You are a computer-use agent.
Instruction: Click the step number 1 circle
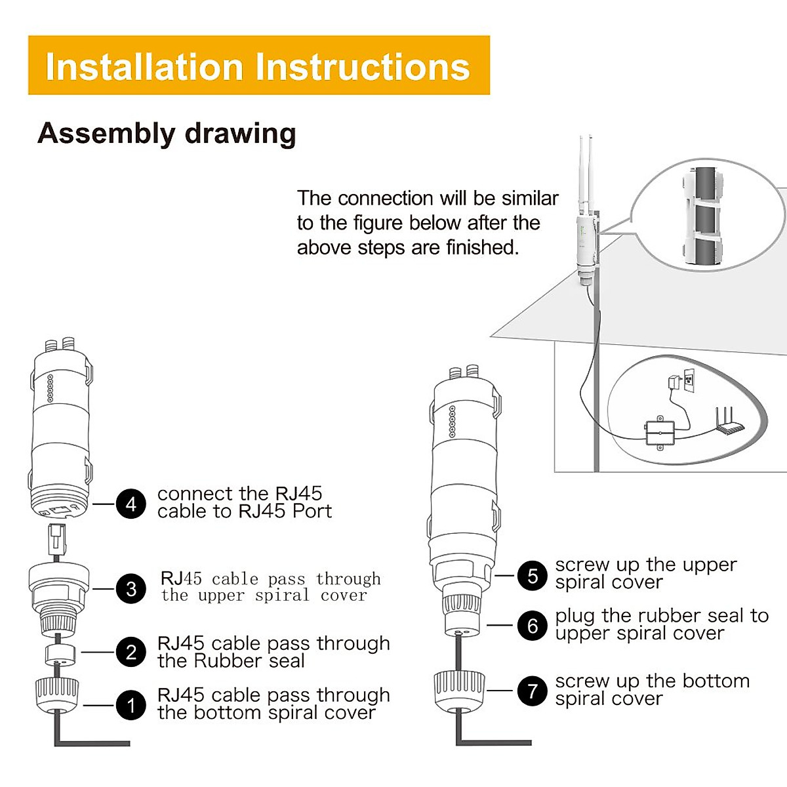pos(131,705)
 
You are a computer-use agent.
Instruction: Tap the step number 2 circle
pos(131,652)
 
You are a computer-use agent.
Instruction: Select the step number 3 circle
pos(131,588)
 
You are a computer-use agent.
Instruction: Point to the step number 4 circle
pos(131,504)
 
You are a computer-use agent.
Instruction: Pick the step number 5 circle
pos(532,575)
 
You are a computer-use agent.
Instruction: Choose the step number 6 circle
pos(532,625)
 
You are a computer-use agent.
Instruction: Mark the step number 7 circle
pos(532,691)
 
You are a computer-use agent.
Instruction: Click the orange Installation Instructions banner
pos(259,65)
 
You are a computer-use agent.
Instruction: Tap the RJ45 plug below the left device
pos(57,540)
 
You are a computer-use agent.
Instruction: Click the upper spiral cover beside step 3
pos(59,597)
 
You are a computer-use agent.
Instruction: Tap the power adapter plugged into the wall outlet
pos(674,382)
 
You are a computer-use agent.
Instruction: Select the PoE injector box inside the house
pos(660,433)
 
